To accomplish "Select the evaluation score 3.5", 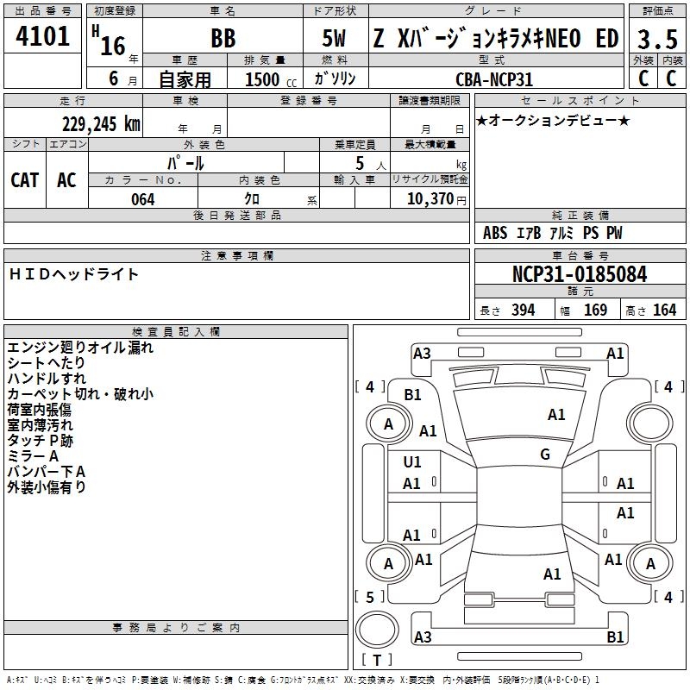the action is [657, 40].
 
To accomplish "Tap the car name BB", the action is [223, 40].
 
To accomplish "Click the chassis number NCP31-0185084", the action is [580, 275].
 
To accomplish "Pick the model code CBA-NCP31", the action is [494, 79].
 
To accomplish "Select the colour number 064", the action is [142, 199].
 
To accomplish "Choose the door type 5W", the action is [334, 40].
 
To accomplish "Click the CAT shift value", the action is [25, 179].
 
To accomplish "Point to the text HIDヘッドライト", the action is [73, 274].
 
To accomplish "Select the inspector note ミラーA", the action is [33, 455].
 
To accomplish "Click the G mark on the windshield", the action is [545, 455].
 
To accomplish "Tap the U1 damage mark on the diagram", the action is [413, 462].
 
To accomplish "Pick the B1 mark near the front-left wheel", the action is [413, 395].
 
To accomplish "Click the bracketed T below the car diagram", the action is [377, 660].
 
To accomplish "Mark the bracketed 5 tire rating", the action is [369, 597].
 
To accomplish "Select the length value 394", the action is [523, 310].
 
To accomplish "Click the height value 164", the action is [664, 310].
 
